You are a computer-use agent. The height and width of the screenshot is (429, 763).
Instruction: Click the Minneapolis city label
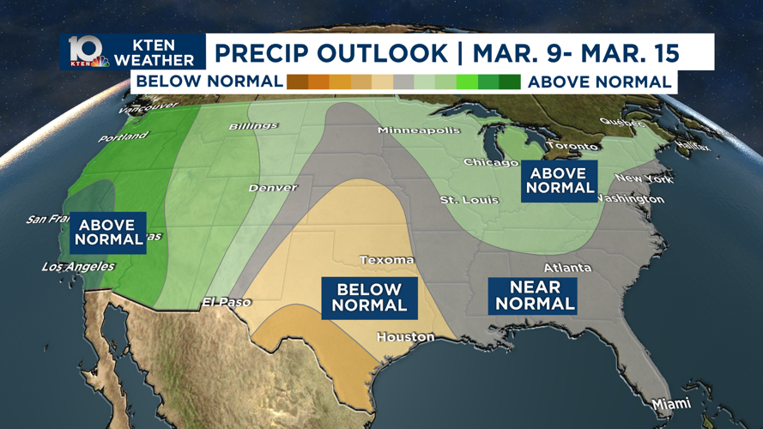(419, 131)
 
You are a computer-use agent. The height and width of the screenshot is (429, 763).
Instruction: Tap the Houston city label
(405, 337)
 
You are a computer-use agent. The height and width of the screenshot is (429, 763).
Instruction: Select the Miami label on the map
(670, 403)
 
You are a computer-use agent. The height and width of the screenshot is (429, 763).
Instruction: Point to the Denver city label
(273, 188)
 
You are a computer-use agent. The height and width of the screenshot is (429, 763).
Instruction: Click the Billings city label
(253, 127)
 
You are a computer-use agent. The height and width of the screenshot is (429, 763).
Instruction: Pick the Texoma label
(386, 260)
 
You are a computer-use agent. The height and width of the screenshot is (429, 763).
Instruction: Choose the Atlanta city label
(567, 268)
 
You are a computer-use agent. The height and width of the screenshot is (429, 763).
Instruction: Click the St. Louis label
(469, 200)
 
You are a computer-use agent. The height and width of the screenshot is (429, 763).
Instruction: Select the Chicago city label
(491, 162)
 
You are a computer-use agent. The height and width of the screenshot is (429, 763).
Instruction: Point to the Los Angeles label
(77, 267)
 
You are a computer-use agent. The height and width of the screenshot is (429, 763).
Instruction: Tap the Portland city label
(123, 137)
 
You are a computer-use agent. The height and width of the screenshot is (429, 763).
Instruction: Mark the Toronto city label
(572, 147)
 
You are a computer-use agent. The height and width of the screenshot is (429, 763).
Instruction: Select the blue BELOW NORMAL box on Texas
(369, 298)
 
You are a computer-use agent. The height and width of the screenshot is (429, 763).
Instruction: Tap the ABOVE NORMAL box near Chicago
(560, 181)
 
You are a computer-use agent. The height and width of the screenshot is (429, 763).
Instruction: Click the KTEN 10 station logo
(86, 52)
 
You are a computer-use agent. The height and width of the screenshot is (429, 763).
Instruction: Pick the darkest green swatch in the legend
(509, 82)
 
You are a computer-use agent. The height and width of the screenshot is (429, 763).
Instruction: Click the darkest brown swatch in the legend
(298, 82)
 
